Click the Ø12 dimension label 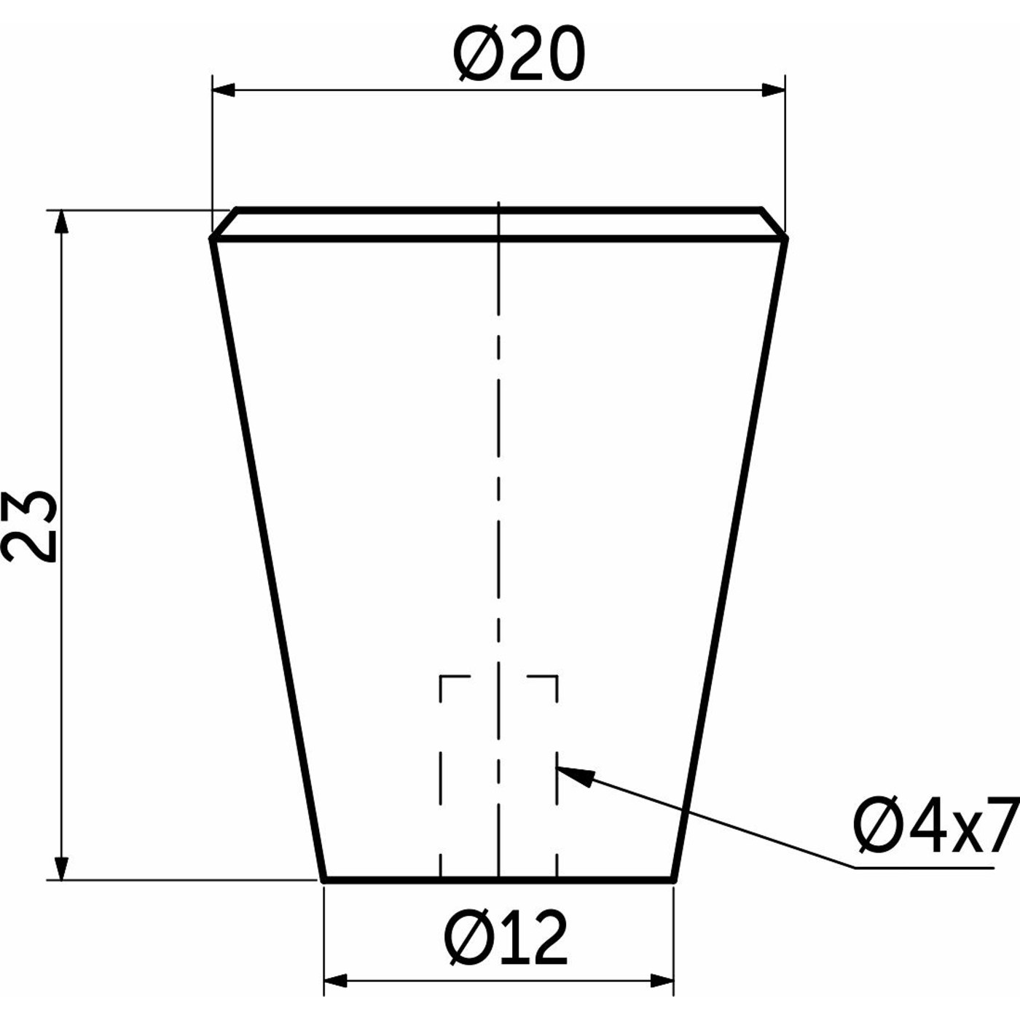506,938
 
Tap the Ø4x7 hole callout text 936,826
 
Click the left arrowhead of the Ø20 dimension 223,90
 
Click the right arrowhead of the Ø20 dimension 774,90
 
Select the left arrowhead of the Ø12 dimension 335,981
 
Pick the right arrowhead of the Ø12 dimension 662,981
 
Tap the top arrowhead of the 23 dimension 62,222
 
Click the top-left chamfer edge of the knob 224,223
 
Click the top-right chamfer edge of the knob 773,223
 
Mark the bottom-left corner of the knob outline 323,880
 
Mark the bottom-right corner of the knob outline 673,880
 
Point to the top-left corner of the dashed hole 442,678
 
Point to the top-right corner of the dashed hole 557,678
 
